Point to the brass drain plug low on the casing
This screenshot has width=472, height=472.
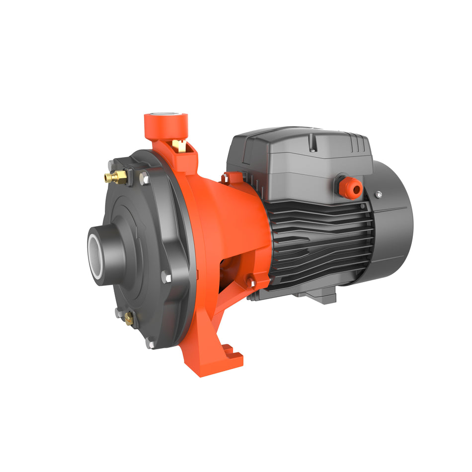click(x=129, y=317)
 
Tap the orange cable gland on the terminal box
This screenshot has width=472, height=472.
click(x=352, y=187)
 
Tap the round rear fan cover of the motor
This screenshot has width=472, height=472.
click(x=393, y=224)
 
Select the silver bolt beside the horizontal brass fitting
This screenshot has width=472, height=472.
click(x=145, y=178)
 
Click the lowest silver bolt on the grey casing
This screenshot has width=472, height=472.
click(x=150, y=342)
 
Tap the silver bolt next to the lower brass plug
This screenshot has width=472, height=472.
click(x=119, y=313)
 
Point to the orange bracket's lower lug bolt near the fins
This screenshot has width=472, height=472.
click(x=252, y=283)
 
